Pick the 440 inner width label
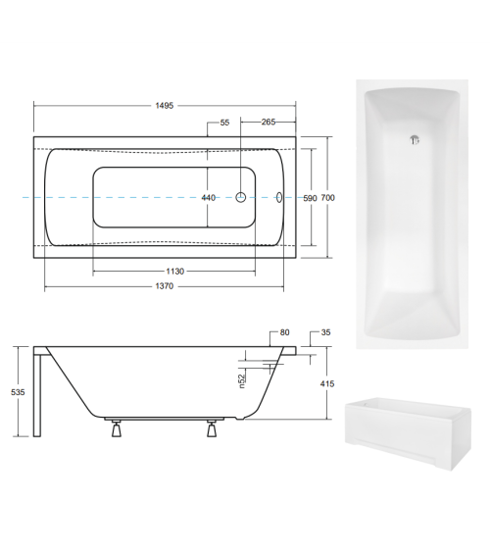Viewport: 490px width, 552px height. [x=208, y=198]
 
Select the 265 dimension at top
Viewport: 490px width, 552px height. [x=269, y=123]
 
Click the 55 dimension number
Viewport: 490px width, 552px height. [x=224, y=123]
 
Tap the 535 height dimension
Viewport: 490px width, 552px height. [x=17, y=391]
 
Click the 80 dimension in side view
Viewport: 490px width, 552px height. [x=284, y=333]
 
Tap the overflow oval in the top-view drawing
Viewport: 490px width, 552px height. [x=279, y=197]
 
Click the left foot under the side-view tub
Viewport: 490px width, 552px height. [x=116, y=427]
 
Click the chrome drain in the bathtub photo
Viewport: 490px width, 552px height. [x=416, y=139]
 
